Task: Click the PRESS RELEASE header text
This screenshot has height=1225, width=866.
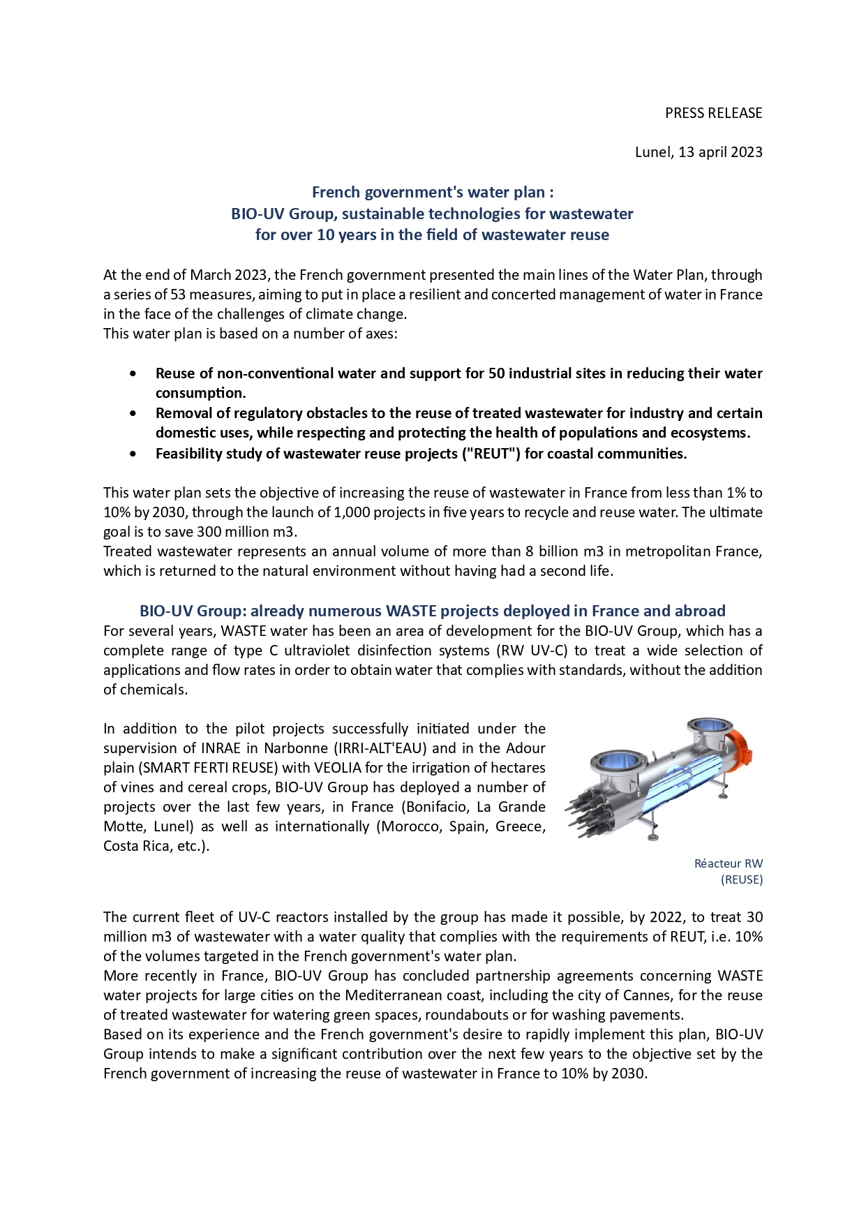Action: point(713,113)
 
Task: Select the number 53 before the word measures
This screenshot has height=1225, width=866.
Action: point(178,295)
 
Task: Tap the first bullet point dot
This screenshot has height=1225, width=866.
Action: point(133,373)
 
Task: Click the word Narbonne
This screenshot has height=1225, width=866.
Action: point(294,748)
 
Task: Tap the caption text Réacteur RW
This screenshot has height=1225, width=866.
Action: point(728,863)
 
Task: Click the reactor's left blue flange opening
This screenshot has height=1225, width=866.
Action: point(616,759)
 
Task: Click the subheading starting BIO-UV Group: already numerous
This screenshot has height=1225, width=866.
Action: point(432,611)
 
